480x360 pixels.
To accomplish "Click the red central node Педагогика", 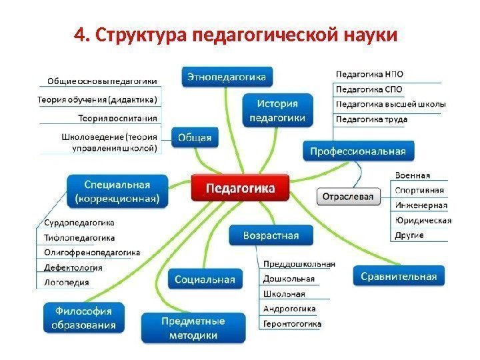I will tap(241, 188).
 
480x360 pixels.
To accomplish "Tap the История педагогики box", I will tap(277, 111).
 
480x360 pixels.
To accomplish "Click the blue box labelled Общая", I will tap(194, 138).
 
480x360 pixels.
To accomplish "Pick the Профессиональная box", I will tap(357, 151).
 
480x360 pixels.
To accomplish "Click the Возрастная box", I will tap(271, 235).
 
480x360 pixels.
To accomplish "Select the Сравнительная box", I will tap(399, 276).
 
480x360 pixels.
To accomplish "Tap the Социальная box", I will tap(205, 280).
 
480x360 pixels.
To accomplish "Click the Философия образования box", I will tap(84, 318).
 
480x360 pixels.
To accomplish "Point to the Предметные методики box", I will tap(192, 328).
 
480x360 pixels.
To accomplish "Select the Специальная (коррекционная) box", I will tap(117, 191).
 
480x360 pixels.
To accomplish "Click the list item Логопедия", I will tap(66, 283).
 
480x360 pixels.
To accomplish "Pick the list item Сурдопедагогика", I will tap(79, 223).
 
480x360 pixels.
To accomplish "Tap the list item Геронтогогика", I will tap(292, 324).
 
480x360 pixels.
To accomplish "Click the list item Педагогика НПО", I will tap(369, 75).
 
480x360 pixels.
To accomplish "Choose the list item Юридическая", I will tap(423, 221).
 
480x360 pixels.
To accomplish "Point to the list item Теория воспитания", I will tap(117, 118).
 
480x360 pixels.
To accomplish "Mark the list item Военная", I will tap(412, 175).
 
